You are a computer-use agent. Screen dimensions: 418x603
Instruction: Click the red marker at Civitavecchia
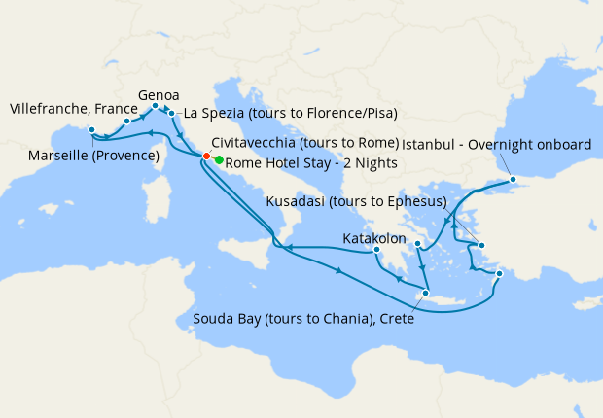206,157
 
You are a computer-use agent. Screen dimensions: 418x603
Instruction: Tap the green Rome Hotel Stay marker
219,160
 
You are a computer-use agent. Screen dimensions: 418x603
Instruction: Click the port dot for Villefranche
126,122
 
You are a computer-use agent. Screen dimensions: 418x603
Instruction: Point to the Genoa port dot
156,106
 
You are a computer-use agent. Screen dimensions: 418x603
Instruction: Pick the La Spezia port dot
172,113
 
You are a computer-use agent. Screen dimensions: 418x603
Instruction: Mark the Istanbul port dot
513,180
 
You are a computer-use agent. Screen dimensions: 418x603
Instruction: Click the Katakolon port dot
377,251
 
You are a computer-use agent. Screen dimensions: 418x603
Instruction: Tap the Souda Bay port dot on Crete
426,291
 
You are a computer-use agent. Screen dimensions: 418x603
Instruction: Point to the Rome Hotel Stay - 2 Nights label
311,162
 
